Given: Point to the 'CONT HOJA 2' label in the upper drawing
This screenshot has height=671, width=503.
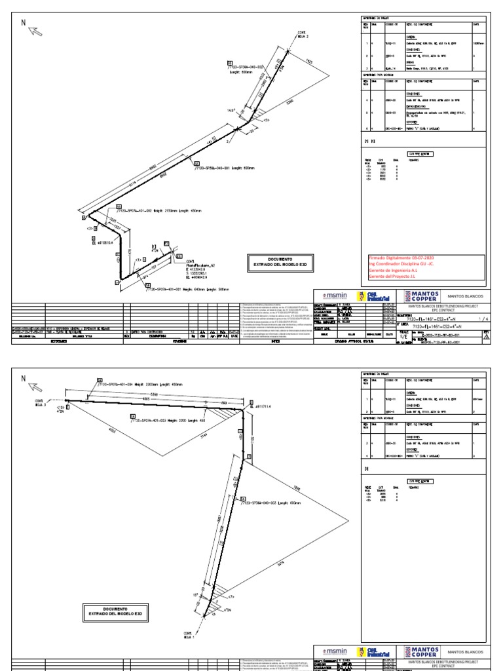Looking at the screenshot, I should tap(302, 33).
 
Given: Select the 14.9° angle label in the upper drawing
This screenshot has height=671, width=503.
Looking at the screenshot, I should tap(231, 111).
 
